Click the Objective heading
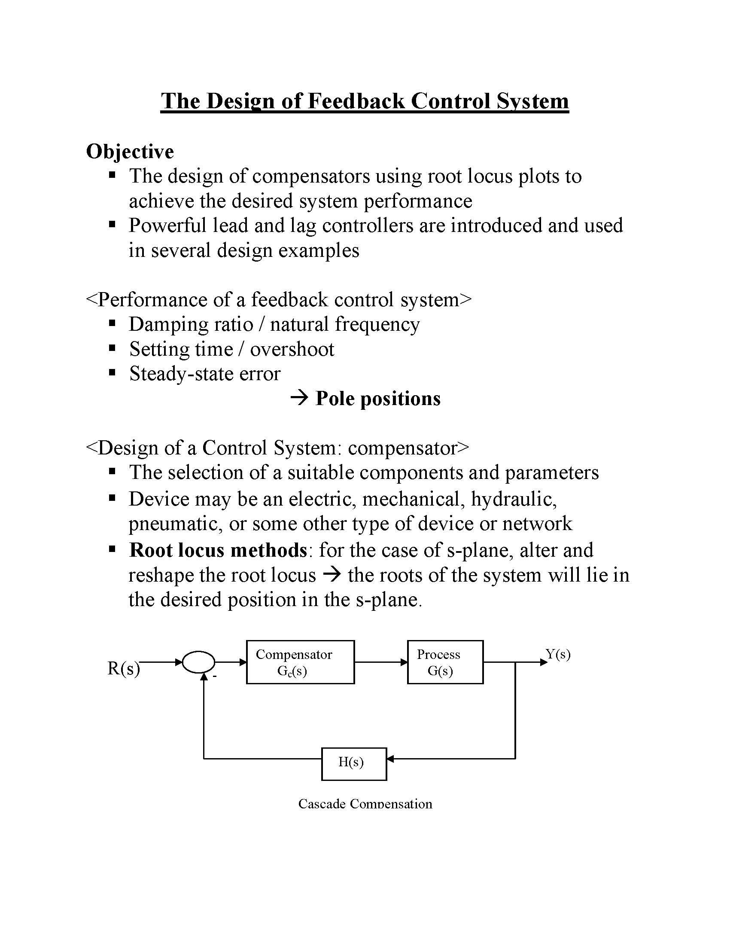pyautogui.click(x=130, y=152)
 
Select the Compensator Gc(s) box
pyautogui.click(x=300, y=662)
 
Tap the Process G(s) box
pyautogui.click(x=445, y=662)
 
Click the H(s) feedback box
pyautogui.click(x=354, y=762)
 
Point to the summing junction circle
pyautogui.click(x=199, y=662)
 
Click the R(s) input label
pyautogui.click(x=123, y=668)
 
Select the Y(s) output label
pyautogui.click(x=558, y=654)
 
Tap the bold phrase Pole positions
pyautogui.click(x=377, y=398)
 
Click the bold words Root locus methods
pyautogui.click(x=218, y=550)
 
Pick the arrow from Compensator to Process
pyautogui.click(x=380, y=662)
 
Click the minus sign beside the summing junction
pyautogui.click(x=214, y=675)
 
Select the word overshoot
pyautogui.click(x=292, y=349)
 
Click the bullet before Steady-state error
pyautogui.click(x=113, y=372)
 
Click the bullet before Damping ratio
pyautogui.click(x=113, y=323)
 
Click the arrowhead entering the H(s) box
pyautogui.click(x=390, y=759)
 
